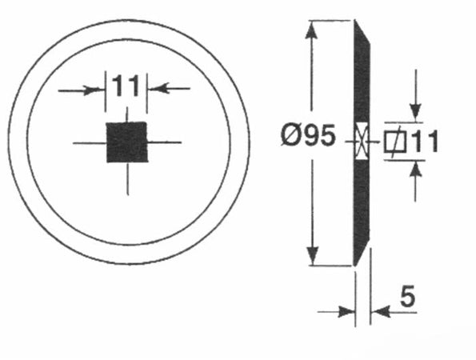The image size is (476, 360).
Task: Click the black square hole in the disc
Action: (127, 142)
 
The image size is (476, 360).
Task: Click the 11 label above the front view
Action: (126, 86)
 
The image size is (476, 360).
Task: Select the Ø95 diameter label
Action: (309, 134)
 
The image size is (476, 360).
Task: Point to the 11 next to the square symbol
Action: (424, 142)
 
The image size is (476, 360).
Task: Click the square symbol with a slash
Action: (394, 142)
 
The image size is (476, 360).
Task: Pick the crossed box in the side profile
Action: (362, 141)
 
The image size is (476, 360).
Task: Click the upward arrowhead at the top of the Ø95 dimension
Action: (311, 30)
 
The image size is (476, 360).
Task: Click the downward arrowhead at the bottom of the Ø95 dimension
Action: (312, 256)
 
